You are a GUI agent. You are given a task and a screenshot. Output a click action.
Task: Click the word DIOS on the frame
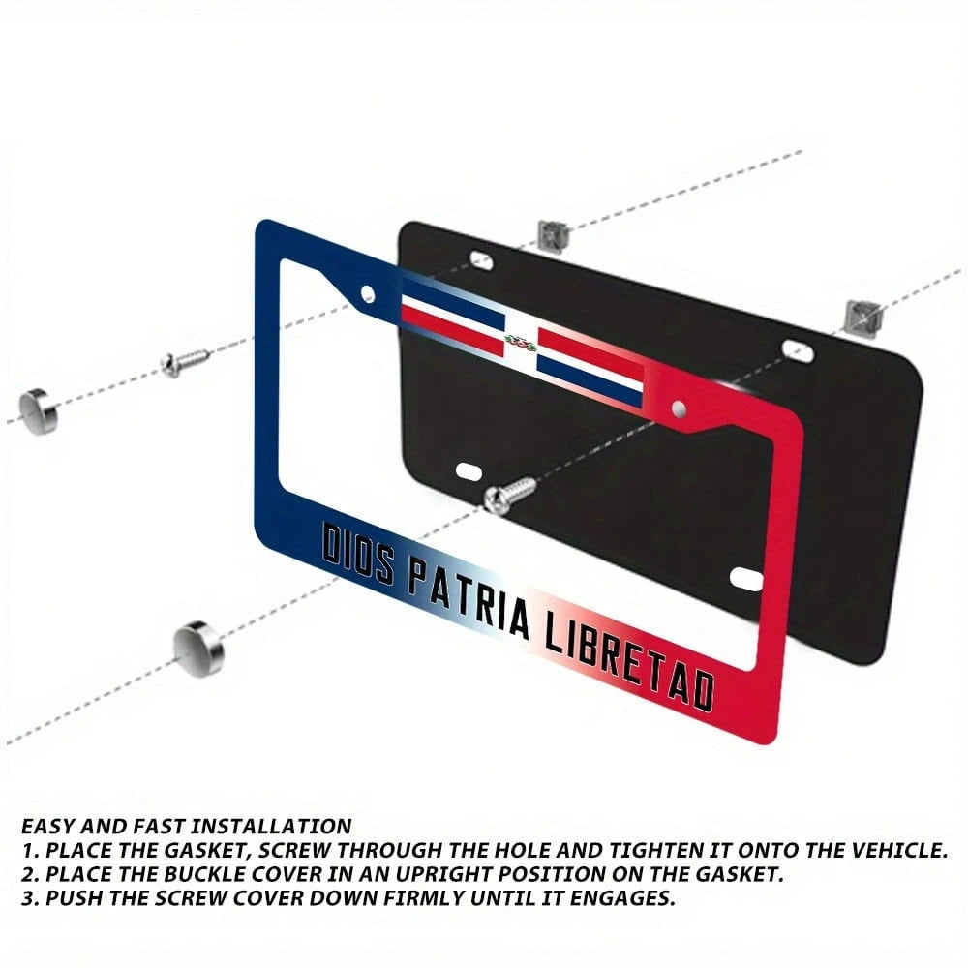click(357, 553)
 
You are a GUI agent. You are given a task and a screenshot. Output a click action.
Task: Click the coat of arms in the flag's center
click(521, 342)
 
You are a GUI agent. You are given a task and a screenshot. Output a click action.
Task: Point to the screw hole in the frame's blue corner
click(367, 293)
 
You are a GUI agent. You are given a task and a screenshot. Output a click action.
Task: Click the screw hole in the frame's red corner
click(680, 408)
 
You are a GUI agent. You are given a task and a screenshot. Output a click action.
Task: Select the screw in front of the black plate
click(510, 495)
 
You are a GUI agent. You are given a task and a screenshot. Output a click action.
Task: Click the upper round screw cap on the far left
click(39, 411)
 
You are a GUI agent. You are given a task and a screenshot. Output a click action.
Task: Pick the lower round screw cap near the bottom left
click(198, 649)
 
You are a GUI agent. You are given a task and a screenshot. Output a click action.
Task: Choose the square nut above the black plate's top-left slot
click(552, 236)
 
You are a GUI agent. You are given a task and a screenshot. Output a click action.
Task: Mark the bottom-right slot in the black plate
click(747, 580)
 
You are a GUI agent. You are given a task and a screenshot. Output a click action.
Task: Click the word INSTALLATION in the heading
click(271, 826)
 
